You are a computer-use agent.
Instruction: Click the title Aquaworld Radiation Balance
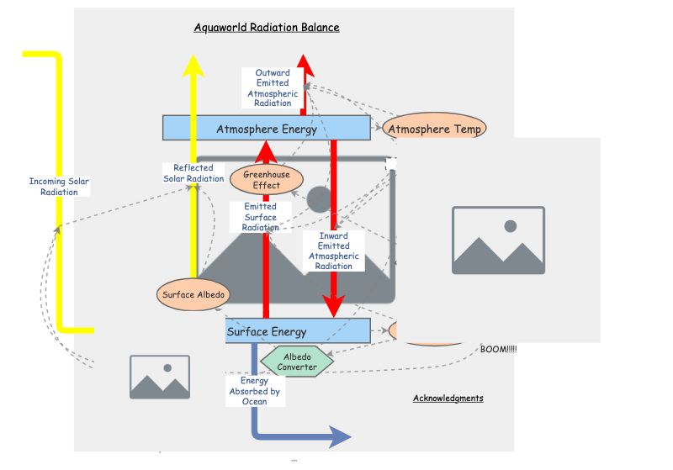267,28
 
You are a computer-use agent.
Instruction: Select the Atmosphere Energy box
266,129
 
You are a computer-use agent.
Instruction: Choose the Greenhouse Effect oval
267,180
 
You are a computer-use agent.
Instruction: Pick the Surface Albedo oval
193,293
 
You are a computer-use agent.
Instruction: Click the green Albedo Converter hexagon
298,362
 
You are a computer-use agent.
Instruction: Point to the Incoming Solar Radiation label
59,187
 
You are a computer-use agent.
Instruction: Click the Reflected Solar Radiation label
193,173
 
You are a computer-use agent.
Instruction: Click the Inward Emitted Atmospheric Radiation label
333,251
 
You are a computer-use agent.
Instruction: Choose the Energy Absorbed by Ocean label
254,391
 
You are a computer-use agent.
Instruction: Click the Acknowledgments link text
448,398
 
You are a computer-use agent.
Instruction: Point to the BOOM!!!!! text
499,349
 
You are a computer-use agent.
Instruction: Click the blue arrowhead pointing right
339,436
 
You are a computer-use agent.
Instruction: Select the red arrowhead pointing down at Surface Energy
334,307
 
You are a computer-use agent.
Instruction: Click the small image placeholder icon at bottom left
160,377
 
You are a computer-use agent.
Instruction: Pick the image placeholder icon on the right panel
498,240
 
